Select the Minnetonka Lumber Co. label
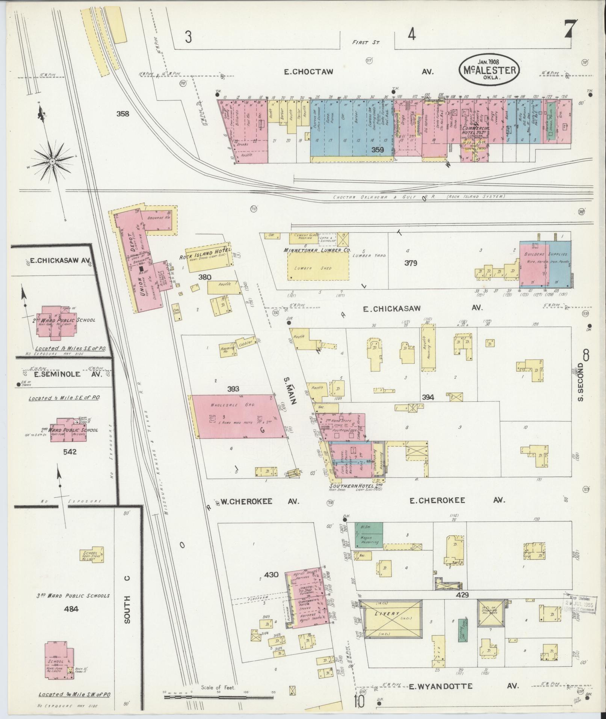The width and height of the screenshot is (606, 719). (x=317, y=250)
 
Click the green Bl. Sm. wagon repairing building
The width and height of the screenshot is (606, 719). (x=369, y=534)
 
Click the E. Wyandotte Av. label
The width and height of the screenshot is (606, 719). (x=437, y=686)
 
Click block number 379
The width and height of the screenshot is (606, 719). (x=411, y=263)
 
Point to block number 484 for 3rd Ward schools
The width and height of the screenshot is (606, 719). (x=71, y=609)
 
